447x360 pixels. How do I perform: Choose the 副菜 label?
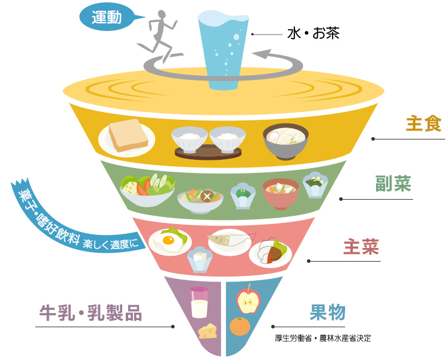(x=393, y=184)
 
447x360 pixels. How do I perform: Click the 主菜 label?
(x=361, y=247)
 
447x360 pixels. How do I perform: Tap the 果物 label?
(x=327, y=312)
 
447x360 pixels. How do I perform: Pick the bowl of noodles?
(x=285, y=140)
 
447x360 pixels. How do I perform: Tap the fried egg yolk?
(x=168, y=241)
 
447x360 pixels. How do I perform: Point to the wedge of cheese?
(x=208, y=330)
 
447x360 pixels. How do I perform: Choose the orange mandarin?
(x=240, y=327)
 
